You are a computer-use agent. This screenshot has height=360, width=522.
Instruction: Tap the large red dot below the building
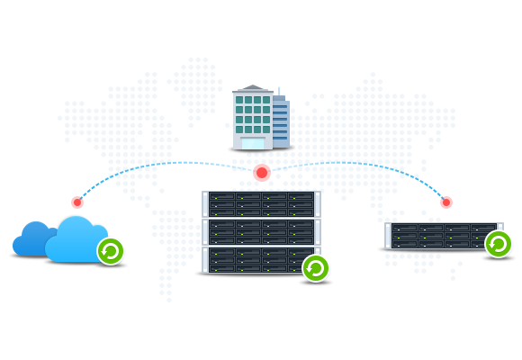tap(262, 172)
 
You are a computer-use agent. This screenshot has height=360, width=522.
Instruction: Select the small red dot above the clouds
tap(77, 202)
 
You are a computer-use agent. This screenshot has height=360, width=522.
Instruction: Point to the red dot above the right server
tap(445, 202)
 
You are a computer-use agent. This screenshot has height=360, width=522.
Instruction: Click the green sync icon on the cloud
tap(110, 250)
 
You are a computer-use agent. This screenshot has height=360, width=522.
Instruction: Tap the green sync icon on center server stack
tap(315, 268)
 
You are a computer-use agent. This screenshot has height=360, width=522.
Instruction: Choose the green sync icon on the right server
tap(498, 243)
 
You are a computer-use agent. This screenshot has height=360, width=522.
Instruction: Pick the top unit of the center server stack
tap(260, 203)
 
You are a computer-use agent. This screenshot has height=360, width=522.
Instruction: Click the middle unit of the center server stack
tap(260, 231)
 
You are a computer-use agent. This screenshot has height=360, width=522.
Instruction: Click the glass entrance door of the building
tap(253, 142)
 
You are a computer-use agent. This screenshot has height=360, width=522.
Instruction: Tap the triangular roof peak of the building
tap(253, 87)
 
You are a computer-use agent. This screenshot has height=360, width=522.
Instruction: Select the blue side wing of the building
tap(281, 122)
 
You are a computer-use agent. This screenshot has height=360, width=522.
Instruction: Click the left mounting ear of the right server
tap(388, 236)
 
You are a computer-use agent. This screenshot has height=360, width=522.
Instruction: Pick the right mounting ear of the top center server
tap(318, 203)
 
